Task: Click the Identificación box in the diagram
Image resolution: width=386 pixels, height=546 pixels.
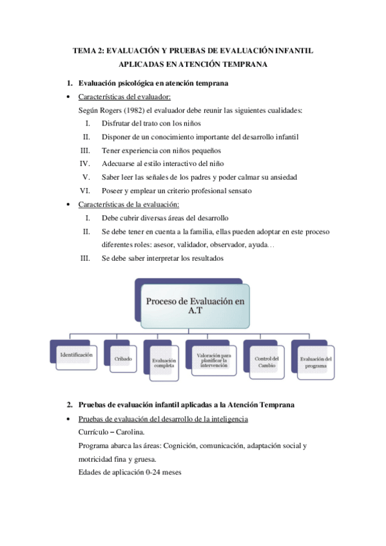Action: pyautogui.click(x=76, y=355)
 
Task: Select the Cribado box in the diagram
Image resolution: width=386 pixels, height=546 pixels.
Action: pyautogui.click(x=121, y=357)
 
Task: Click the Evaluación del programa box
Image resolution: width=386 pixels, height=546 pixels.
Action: pyautogui.click(x=316, y=362)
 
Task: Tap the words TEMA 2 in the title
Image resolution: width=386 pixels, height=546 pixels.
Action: pyautogui.click(x=87, y=51)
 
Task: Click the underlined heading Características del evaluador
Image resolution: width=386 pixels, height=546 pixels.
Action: pyautogui.click(x=124, y=97)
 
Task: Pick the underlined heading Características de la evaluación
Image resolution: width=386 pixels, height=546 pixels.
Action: pyautogui.click(x=129, y=205)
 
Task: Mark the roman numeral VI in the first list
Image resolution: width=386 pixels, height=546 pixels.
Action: pyautogui.click(x=84, y=191)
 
